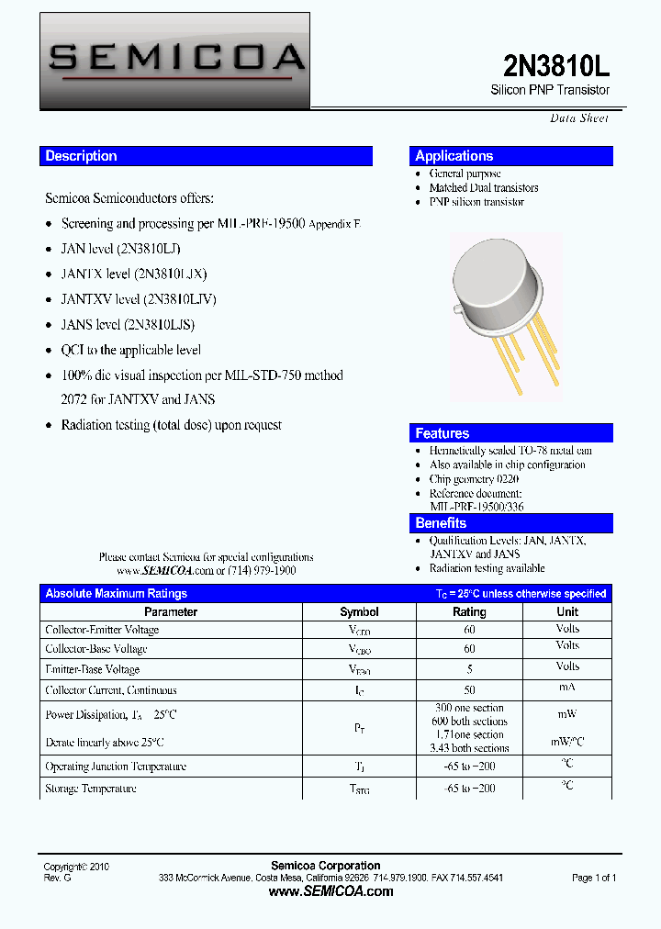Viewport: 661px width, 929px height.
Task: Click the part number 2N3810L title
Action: coord(556,65)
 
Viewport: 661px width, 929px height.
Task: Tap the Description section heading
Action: coord(82,156)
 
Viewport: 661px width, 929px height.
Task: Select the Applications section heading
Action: coord(454,156)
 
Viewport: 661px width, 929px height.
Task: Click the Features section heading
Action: coord(443,433)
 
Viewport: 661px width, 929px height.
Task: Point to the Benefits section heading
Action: coord(442,523)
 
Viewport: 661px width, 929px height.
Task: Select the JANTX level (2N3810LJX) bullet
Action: coord(134,274)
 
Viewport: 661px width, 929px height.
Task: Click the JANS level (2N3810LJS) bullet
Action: coord(128,324)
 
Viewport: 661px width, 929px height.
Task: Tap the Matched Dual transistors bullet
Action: coord(484,187)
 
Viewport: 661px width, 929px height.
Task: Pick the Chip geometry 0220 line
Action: coord(474,479)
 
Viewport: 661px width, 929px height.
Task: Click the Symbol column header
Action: coord(359,611)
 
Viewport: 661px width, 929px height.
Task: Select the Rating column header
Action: coord(469,611)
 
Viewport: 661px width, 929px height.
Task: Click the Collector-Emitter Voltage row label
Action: coord(102,630)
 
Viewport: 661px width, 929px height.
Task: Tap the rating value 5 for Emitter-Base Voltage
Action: coord(469,669)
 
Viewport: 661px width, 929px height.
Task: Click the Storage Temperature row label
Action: coord(91,789)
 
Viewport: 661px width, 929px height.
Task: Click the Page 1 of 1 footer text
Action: coord(594,878)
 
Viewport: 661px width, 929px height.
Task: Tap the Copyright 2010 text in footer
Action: coord(77,866)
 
